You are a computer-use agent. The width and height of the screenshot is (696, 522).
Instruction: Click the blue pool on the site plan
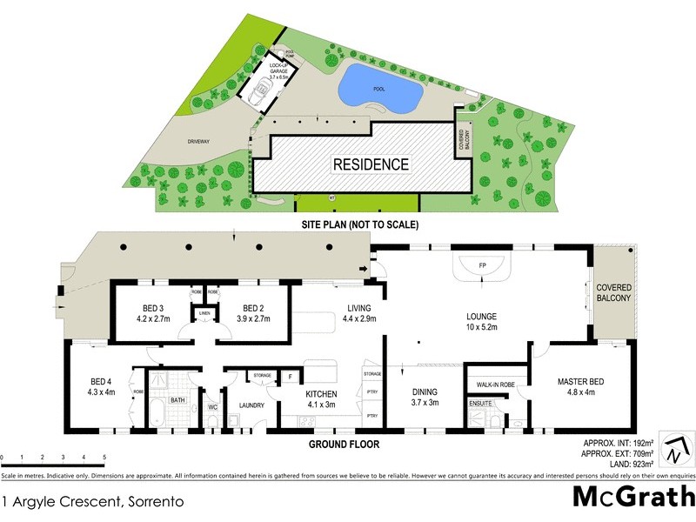[x=380, y=85]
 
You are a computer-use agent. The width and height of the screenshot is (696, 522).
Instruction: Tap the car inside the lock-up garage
[x=259, y=92]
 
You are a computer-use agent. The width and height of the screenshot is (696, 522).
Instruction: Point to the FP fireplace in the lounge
[x=482, y=264]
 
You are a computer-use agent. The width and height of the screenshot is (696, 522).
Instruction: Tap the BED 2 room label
[x=253, y=313]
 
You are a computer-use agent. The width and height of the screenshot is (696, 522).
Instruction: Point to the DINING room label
[x=424, y=397]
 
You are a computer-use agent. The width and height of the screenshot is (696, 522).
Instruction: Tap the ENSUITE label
[x=479, y=404]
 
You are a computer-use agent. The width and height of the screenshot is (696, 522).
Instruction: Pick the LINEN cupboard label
[x=205, y=313]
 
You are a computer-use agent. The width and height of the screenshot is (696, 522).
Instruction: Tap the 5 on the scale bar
[x=104, y=457]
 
